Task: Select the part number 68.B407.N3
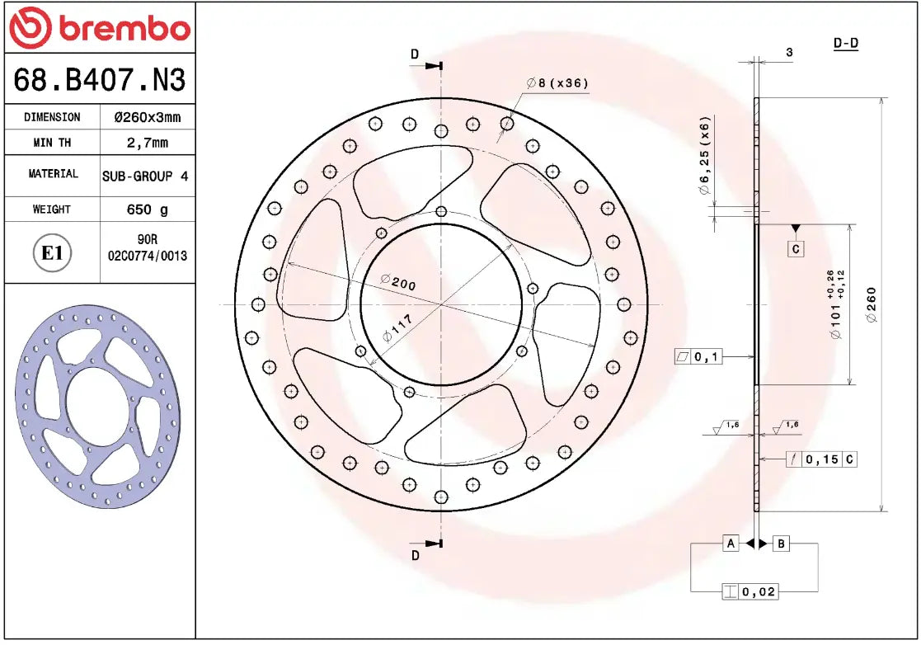[x=99, y=80]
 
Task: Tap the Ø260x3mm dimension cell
[x=147, y=117]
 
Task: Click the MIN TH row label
[x=52, y=143]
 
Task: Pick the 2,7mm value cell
[x=147, y=143]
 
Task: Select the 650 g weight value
[x=147, y=210]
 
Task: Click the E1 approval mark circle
[x=52, y=252]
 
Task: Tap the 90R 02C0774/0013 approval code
[x=147, y=248]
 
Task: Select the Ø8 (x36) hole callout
[x=557, y=83]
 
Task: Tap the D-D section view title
[x=845, y=43]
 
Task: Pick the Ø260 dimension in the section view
[x=872, y=305]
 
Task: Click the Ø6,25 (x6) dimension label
[x=704, y=155]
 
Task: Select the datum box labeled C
[x=795, y=248]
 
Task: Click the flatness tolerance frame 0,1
[x=698, y=356]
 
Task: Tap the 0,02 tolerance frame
[x=749, y=591]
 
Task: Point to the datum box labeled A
[x=730, y=543]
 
